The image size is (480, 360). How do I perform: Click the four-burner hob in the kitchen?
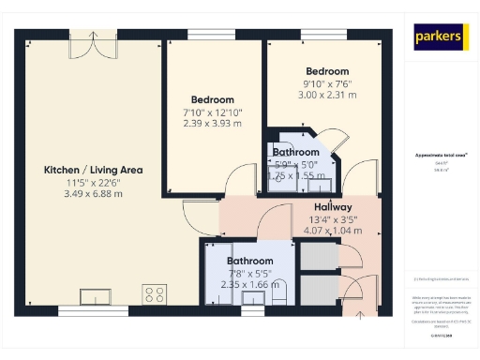[154, 294]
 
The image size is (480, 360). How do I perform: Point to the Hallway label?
[333, 207]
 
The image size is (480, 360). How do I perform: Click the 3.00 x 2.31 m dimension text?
[326, 95]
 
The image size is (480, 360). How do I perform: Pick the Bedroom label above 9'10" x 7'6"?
[326, 71]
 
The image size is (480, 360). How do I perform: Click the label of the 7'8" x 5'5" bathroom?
[249, 261]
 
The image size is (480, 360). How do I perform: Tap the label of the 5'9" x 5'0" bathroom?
[296, 152]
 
